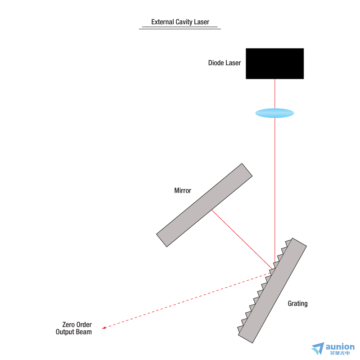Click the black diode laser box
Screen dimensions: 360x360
(274, 63)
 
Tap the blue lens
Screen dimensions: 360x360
(274, 113)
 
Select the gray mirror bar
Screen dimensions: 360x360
(204, 205)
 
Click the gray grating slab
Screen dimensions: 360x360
(272, 291)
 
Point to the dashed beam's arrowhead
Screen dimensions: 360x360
(104, 328)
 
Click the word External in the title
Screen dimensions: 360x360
(162, 22)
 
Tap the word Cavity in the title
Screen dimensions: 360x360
(184, 22)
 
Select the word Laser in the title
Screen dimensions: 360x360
(202, 22)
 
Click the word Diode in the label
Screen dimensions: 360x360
(216, 63)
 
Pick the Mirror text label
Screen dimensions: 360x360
(183, 190)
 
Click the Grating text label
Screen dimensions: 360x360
(297, 303)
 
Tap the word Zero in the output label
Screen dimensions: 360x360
(68, 324)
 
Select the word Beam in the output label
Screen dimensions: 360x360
(84, 332)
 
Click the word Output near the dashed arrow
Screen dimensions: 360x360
(65, 332)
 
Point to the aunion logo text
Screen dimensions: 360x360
(340, 346)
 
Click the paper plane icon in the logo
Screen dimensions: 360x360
(318, 348)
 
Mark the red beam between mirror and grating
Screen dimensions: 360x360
(242, 239)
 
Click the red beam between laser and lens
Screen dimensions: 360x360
(275, 94)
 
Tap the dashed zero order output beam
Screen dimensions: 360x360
(187, 301)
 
